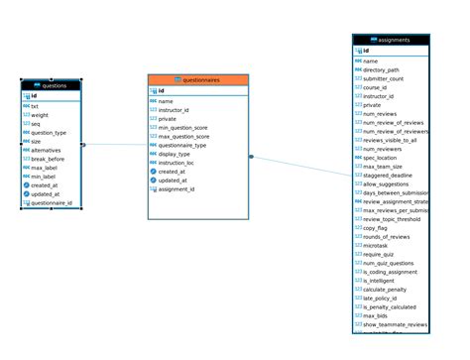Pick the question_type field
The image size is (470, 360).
click(x=49, y=132)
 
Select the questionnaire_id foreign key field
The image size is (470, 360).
click(x=51, y=202)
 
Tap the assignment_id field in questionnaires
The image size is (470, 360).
click(x=177, y=188)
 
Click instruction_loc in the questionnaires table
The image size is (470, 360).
click(x=178, y=163)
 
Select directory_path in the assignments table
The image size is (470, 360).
click(x=382, y=70)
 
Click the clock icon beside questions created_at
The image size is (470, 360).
click(x=27, y=184)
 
